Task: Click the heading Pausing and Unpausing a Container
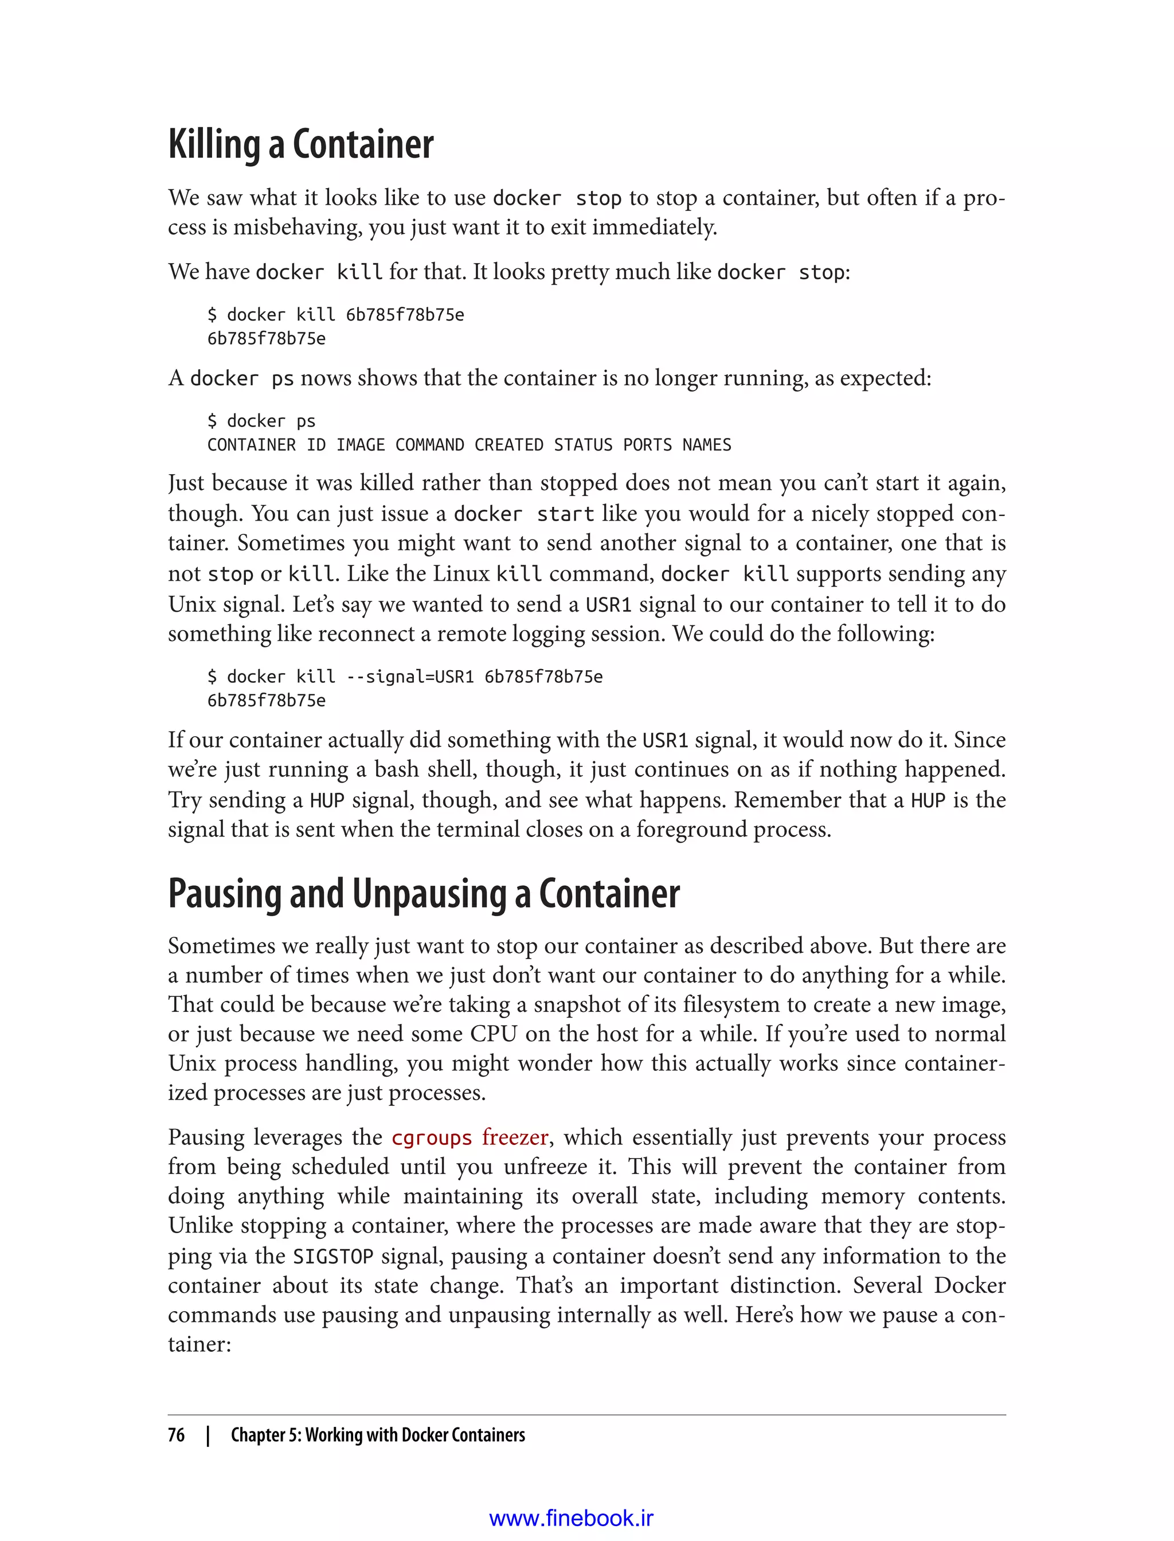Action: [x=424, y=894]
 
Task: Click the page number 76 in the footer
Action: [x=176, y=1435]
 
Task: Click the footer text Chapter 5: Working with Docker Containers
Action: [x=377, y=1435]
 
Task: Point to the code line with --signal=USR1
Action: [x=405, y=676]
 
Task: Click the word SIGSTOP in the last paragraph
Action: [x=332, y=1257]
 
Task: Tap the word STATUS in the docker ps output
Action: [x=583, y=445]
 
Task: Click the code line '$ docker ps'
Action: [x=261, y=421]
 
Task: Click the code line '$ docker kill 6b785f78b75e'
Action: [x=335, y=315]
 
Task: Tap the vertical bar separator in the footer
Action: [x=208, y=1435]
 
